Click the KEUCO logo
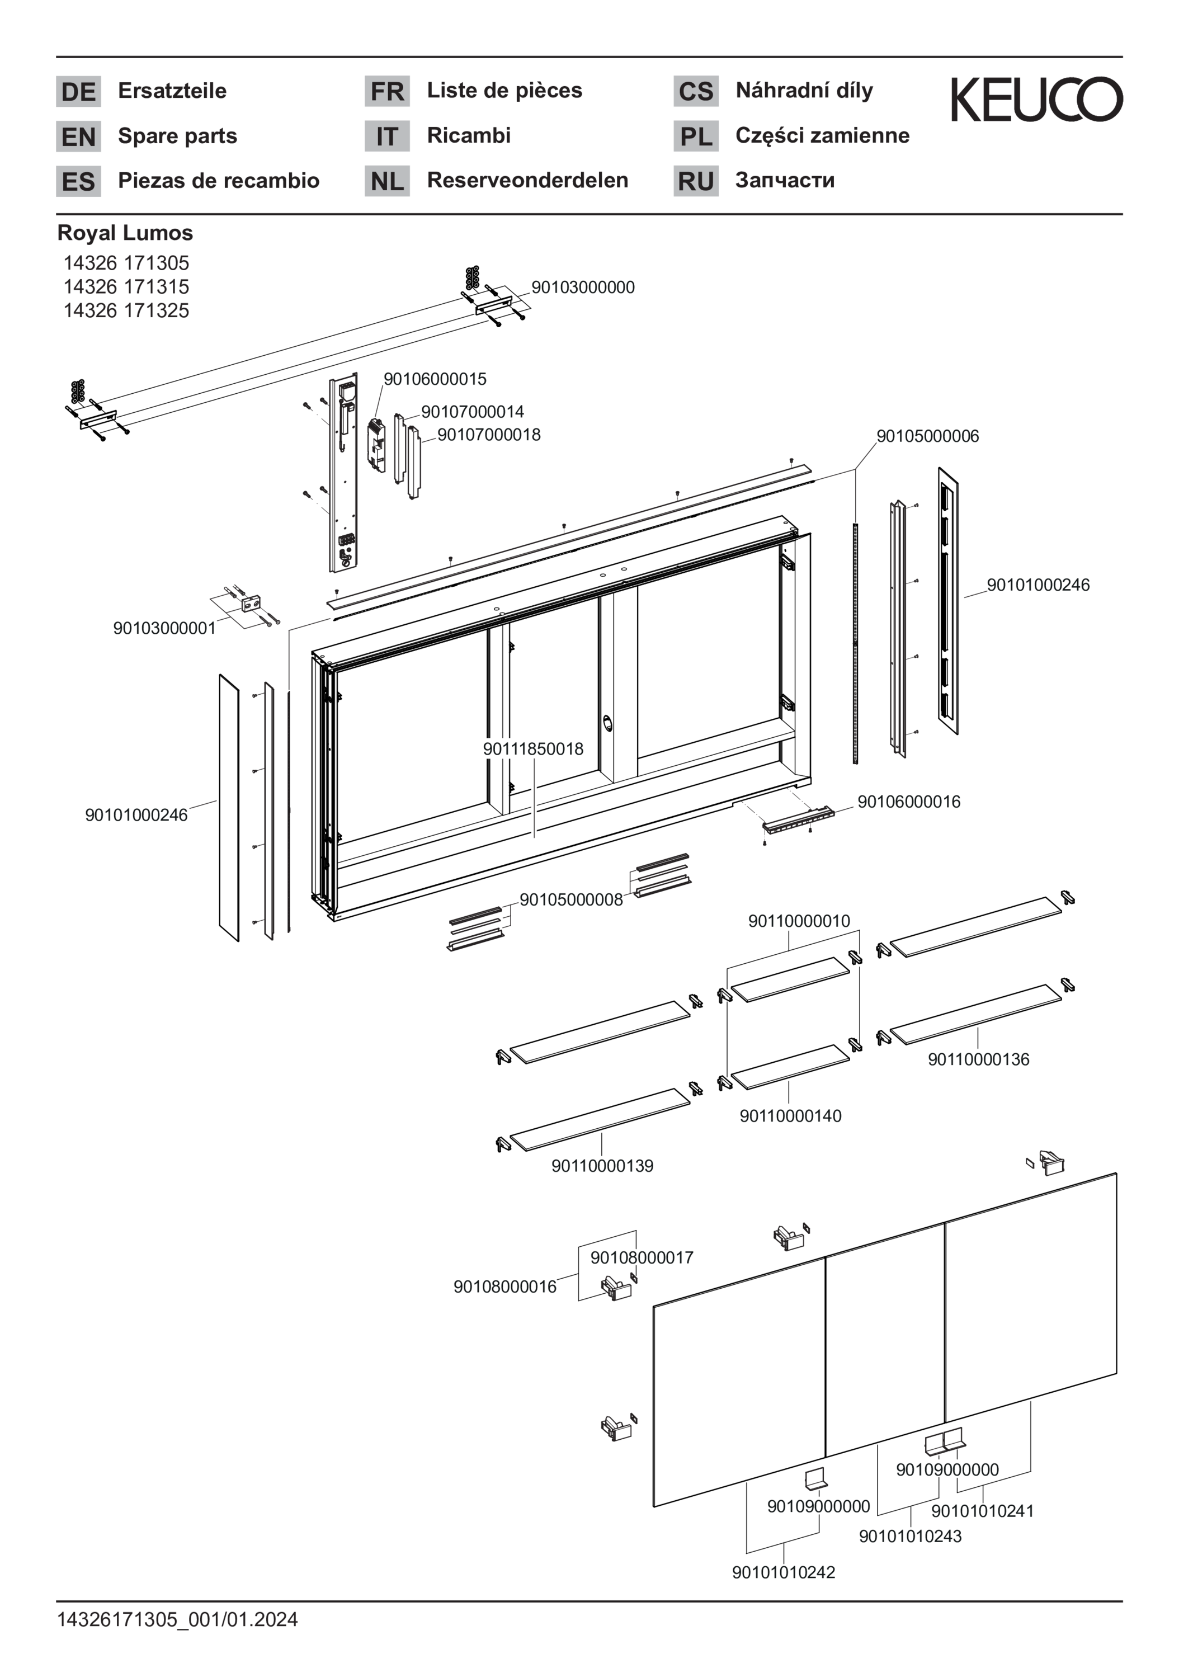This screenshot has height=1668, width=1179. point(1036,100)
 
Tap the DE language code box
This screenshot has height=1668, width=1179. point(78,92)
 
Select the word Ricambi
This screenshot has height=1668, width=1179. point(469,135)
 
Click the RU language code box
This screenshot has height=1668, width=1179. point(695,181)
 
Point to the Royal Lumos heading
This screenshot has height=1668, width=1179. point(125,233)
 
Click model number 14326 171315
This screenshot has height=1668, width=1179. point(126,286)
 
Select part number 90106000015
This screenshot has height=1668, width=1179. point(435,379)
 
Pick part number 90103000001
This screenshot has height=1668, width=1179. point(164,628)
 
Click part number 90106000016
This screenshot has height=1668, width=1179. point(909,802)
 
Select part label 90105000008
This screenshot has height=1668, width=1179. point(570,899)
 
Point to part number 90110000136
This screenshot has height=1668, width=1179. point(978,1059)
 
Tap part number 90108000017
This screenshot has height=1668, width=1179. point(642,1257)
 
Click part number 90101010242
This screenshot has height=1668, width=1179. point(783,1572)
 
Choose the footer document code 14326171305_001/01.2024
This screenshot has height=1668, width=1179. point(177,1619)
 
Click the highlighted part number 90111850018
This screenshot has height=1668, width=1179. point(532,748)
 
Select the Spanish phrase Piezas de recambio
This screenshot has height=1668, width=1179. point(218,180)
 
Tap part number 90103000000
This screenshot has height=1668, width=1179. point(583,287)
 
